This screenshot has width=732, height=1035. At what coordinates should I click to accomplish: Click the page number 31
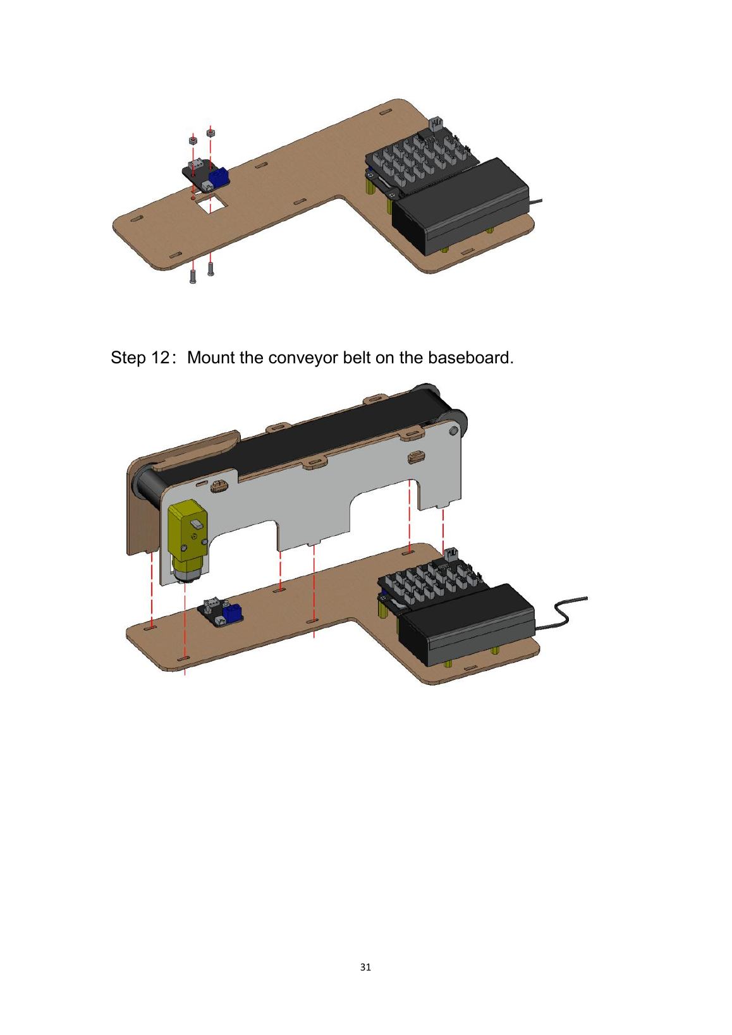[365, 967]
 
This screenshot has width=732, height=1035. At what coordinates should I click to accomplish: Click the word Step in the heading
[128, 358]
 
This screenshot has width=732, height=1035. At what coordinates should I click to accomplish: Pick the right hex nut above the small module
[210, 133]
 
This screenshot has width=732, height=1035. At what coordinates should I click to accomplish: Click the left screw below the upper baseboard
[193, 276]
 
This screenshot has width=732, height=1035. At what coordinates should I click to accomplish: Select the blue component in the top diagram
[219, 176]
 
